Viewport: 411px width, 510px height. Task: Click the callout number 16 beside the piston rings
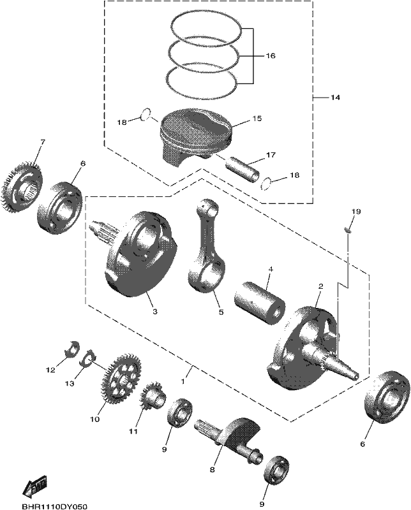pyautogui.click(x=271, y=55)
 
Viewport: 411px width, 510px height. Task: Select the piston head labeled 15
pyautogui.click(x=195, y=137)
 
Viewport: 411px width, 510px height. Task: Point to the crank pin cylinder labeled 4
pyautogui.click(x=260, y=303)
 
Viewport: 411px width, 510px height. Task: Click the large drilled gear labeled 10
pyautogui.click(x=121, y=378)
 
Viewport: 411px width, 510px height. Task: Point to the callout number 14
pyautogui.click(x=335, y=98)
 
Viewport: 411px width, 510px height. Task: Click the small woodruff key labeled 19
pyautogui.click(x=348, y=231)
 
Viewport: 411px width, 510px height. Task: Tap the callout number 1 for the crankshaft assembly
pyautogui.click(x=183, y=381)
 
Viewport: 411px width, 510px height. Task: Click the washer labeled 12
pyautogui.click(x=72, y=347)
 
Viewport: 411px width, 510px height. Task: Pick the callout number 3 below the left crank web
pyautogui.click(x=155, y=312)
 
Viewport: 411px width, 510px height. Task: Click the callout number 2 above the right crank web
pyautogui.click(x=321, y=286)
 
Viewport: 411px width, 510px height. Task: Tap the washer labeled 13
pyautogui.click(x=87, y=358)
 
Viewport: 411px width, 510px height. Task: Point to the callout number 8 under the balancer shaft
pyautogui.click(x=212, y=470)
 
